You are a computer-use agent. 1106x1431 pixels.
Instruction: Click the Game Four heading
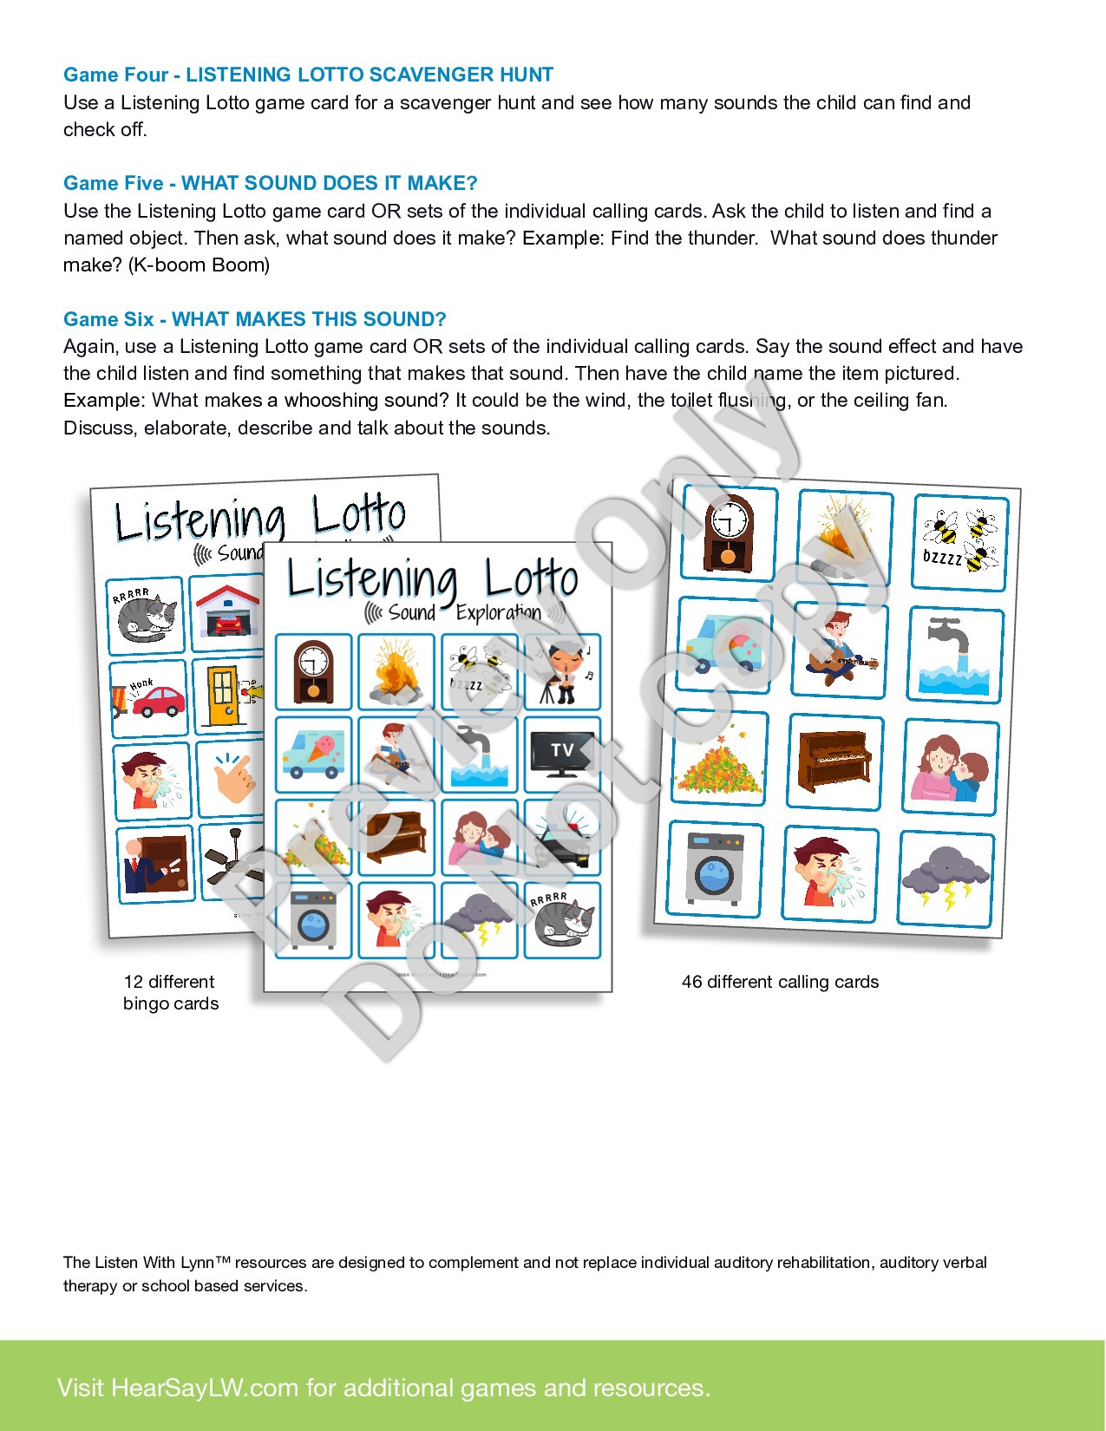pyautogui.click(x=308, y=75)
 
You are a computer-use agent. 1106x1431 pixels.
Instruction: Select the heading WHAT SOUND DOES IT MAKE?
pyautogui.click(x=329, y=183)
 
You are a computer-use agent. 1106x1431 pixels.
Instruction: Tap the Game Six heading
pyautogui.click(x=254, y=319)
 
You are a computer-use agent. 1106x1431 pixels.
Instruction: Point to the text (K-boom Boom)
pyautogui.click(x=199, y=265)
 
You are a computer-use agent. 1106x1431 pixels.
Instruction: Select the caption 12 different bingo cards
pyautogui.click(x=170, y=992)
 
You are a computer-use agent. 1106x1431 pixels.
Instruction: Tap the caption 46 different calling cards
pyautogui.click(x=780, y=982)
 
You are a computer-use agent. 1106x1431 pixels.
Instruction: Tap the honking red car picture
pyautogui.click(x=148, y=697)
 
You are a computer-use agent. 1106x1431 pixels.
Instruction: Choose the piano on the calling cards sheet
pyautogui.click(x=834, y=761)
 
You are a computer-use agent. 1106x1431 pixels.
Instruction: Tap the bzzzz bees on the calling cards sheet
pyautogui.click(x=959, y=542)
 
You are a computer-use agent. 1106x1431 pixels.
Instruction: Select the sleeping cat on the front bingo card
pyautogui.click(x=562, y=919)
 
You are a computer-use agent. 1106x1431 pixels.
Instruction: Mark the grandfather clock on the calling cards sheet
pyautogui.click(x=728, y=533)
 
